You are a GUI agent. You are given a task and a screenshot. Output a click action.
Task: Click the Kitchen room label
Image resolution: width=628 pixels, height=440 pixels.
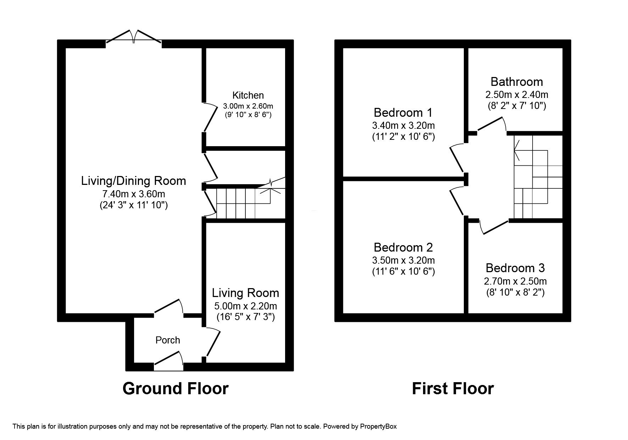click(x=248, y=95)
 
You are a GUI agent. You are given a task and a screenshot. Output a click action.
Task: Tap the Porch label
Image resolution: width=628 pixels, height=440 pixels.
click(x=168, y=340)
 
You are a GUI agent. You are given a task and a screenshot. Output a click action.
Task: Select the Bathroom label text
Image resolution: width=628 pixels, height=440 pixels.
click(x=517, y=82)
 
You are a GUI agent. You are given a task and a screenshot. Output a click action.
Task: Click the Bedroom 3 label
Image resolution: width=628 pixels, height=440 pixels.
click(x=515, y=268)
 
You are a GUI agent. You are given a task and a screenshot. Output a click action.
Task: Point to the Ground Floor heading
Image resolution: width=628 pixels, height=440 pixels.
click(x=175, y=389)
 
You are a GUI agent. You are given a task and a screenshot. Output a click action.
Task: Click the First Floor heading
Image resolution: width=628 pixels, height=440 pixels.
click(x=452, y=389)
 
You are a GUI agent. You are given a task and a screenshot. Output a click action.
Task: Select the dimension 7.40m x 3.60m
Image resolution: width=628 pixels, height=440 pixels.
click(x=134, y=194)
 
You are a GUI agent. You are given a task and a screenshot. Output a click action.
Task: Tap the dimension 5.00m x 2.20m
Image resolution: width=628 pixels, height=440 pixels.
click(x=245, y=306)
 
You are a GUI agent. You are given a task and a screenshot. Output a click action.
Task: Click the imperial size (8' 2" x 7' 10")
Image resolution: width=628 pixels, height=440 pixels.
click(x=517, y=106)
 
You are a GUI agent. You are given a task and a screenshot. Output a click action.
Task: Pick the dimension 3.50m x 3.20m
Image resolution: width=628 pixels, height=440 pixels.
click(x=403, y=260)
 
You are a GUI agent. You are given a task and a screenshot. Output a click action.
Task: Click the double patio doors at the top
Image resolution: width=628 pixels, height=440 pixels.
click(x=134, y=37)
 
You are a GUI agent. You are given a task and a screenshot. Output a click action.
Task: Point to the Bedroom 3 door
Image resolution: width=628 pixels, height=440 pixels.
click(x=495, y=227)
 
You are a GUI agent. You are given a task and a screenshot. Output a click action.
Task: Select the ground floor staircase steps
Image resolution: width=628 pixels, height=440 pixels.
click(x=236, y=203)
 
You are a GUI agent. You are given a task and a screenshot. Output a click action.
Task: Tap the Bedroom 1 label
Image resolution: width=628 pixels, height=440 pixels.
click(x=403, y=113)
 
